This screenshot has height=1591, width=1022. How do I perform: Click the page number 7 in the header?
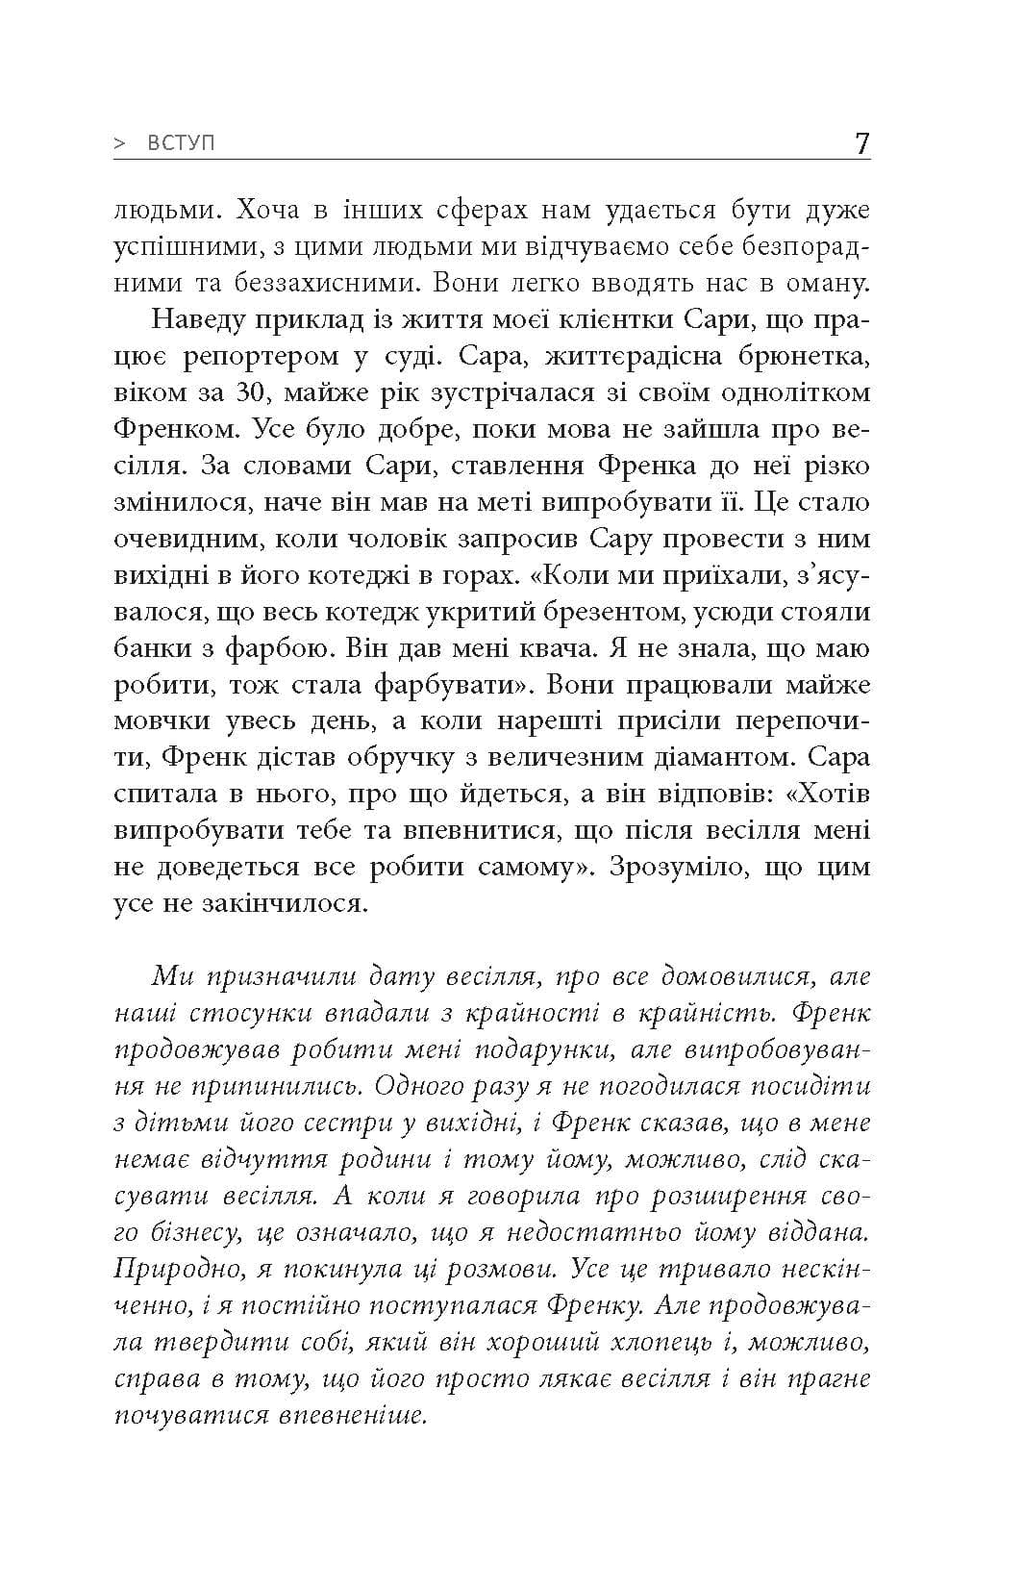[861, 144]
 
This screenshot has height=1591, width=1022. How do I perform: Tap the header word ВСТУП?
[183, 144]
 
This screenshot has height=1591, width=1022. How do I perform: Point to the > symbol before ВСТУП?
[120, 144]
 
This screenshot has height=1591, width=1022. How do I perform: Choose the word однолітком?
[780, 393]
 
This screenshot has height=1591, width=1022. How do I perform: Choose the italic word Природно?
[179, 1270]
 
